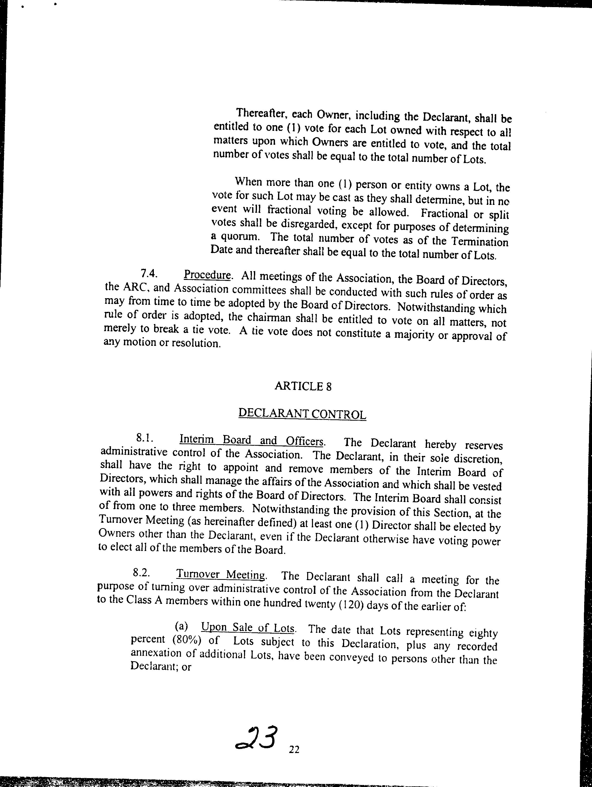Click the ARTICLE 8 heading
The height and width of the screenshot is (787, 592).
303,386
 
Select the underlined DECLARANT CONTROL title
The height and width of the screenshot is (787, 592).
302,414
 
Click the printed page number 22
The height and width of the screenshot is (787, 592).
294,750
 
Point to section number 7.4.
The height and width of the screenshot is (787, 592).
149,273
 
